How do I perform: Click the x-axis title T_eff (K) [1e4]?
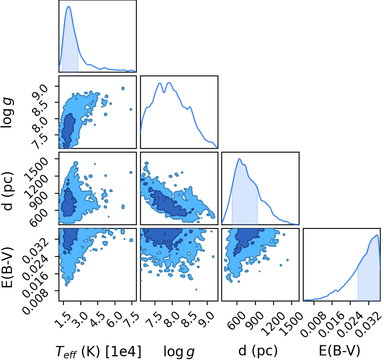click(x=98, y=351)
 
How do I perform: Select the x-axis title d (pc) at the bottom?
click(x=258, y=351)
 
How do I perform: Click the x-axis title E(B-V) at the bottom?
click(x=340, y=351)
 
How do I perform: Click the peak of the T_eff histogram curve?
click(x=68, y=6)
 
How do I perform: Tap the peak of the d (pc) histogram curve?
click(x=239, y=159)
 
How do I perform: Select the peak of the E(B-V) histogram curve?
click(x=377, y=235)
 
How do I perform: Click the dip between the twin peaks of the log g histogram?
click(x=164, y=92)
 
